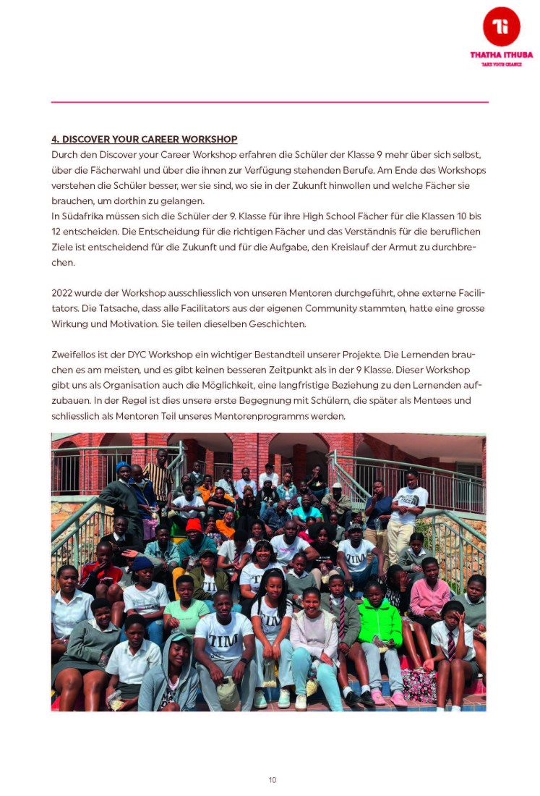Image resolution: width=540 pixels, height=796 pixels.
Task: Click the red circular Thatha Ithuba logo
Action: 501,27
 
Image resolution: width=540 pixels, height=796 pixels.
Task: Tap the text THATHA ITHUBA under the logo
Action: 501,55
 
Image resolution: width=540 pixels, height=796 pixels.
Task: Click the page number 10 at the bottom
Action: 272,779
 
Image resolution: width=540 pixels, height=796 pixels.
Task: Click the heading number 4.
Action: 54,139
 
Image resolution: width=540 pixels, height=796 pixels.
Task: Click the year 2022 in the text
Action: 63,293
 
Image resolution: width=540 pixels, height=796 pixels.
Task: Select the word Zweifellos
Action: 74,355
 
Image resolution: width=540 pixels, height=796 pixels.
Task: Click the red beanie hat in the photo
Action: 194,525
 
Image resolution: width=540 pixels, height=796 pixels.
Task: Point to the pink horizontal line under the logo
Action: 270,102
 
